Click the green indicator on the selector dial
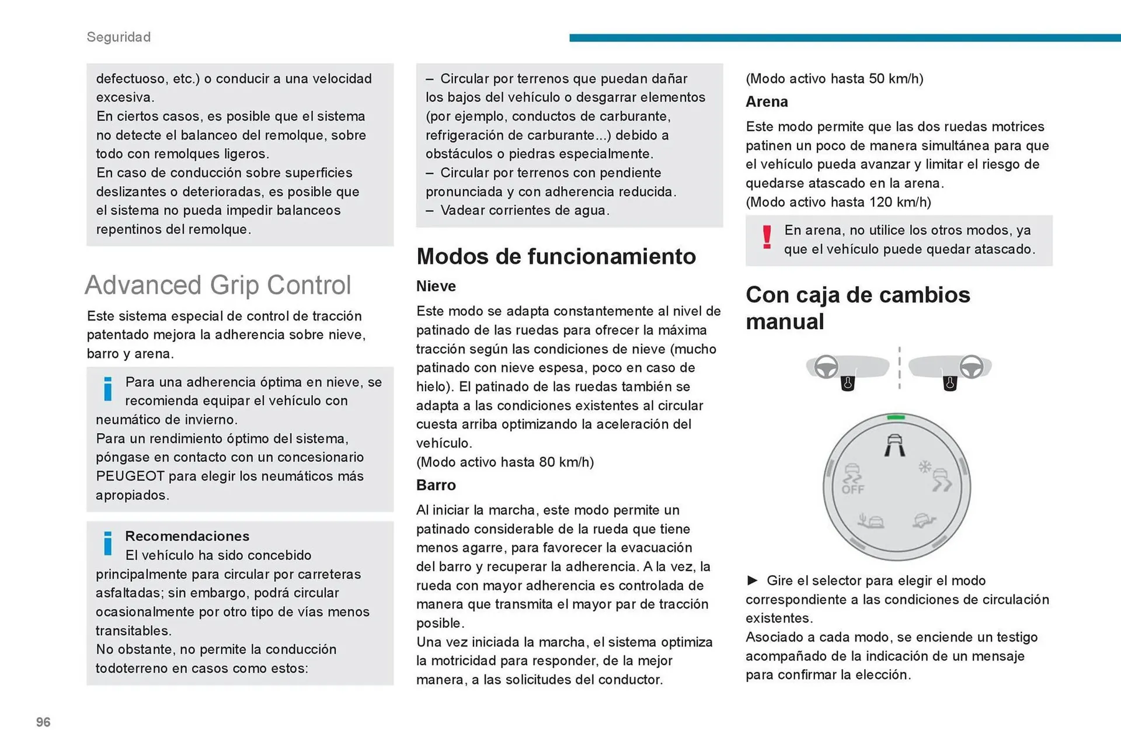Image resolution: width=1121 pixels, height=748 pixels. click(x=896, y=418)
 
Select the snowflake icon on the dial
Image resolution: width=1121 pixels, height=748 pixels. click(x=925, y=467)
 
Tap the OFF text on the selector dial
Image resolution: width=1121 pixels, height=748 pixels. click(x=852, y=489)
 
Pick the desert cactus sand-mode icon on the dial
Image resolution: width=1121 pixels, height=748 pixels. click(x=871, y=520)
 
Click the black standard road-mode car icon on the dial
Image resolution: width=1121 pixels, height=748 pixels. click(x=895, y=446)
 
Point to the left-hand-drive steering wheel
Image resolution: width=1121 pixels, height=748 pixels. click(x=826, y=367)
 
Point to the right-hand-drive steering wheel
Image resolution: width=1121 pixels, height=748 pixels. click(x=972, y=367)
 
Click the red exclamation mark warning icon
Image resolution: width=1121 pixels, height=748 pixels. click(x=767, y=238)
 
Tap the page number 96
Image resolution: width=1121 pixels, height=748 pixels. click(x=43, y=722)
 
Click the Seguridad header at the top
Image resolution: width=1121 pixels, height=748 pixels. click(x=119, y=37)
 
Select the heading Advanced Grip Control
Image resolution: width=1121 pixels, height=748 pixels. click(x=218, y=286)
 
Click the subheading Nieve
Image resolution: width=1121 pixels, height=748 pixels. click(x=436, y=286)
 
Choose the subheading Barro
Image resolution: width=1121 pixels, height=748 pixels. click(x=436, y=485)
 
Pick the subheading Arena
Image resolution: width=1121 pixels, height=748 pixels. click(x=767, y=102)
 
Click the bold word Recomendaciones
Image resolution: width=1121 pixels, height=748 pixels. click(x=187, y=536)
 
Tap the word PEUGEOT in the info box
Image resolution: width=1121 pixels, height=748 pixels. click(x=130, y=476)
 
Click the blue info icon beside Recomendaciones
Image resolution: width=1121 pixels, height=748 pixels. click(x=108, y=543)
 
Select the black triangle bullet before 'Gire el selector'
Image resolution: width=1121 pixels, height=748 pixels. click(x=753, y=580)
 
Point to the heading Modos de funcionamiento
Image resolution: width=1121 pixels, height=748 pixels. click(x=556, y=256)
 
